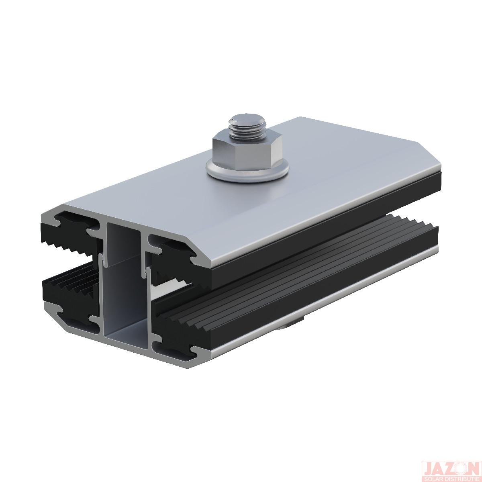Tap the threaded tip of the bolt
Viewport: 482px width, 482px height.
[247, 126]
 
